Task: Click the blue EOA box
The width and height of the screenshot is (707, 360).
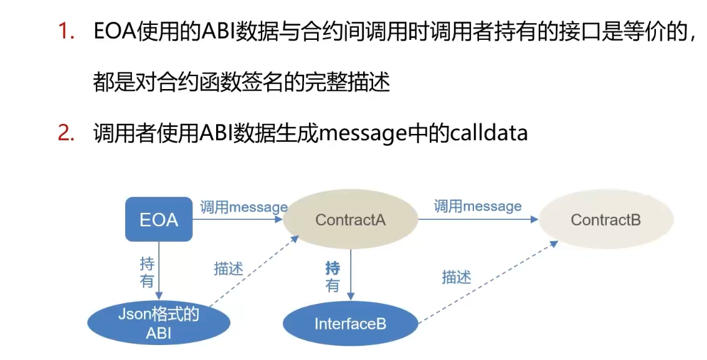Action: (x=159, y=219)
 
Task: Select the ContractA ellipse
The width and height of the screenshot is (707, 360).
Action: (x=350, y=219)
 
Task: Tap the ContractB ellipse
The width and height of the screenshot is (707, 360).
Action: (x=605, y=219)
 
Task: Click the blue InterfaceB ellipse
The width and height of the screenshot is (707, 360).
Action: (x=350, y=323)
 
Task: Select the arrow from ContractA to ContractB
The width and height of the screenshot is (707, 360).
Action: (x=477, y=219)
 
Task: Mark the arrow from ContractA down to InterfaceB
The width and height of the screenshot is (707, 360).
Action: (x=350, y=274)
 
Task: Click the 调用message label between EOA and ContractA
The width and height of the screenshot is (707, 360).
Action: (x=244, y=207)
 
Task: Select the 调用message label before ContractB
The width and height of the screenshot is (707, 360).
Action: (x=478, y=206)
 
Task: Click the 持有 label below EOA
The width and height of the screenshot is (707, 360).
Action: (x=147, y=272)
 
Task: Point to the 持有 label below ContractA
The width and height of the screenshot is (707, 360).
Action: (x=333, y=277)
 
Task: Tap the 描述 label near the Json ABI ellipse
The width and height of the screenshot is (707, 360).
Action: (x=229, y=268)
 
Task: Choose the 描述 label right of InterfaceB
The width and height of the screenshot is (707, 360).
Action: (x=457, y=277)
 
